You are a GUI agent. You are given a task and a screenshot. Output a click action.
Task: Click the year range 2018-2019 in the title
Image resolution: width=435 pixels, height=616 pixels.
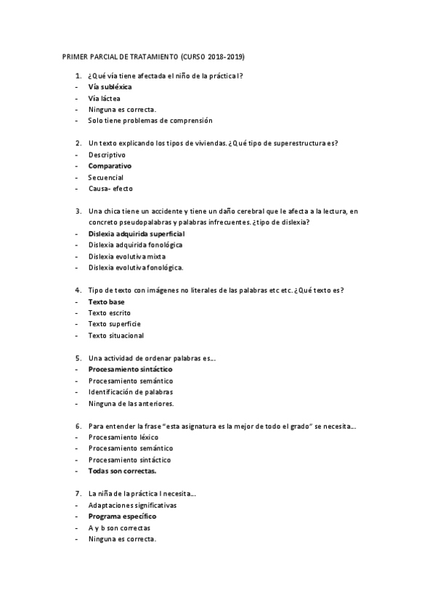[x=227, y=56]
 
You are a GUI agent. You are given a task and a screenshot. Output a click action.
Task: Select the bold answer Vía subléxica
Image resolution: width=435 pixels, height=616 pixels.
[x=110, y=86]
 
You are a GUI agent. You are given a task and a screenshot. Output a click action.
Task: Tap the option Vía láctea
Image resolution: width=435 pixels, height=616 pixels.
[x=105, y=98]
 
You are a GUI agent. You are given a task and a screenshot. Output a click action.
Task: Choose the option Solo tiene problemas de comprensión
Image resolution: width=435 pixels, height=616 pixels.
[x=150, y=121]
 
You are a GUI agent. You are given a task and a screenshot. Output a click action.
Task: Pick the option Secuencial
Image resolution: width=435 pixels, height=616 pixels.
[x=106, y=177]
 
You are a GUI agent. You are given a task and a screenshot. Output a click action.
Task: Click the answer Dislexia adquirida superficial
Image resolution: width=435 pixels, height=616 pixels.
[x=137, y=234]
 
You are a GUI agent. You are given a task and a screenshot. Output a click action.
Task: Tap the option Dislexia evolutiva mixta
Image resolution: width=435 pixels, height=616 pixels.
[x=128, y=256]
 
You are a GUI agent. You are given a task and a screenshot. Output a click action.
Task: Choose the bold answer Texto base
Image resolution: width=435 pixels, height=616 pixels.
[x=107, y=301]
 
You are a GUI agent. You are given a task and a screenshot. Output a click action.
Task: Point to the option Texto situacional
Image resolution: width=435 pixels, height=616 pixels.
[x=116, y=336]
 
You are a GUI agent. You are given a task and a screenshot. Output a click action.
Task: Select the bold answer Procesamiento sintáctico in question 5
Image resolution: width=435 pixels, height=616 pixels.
[x=131, y=369]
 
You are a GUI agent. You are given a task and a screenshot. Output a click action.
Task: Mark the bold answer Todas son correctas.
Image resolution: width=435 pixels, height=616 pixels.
[x=122, y=471]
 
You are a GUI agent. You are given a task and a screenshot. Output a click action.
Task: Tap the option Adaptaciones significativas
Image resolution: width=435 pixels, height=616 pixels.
[x=132, y=505]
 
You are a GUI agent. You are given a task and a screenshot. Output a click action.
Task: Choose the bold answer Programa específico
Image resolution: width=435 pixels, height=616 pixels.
[x=122, y=516]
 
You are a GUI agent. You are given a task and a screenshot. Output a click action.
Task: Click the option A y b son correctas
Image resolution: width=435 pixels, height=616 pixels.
[x=119, y=527]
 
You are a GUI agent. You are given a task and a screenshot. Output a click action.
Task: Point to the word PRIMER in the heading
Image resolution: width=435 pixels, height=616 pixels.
[x=75, y=56]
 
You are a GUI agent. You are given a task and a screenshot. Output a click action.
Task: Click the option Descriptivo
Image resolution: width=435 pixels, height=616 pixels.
[x=107, y=155]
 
